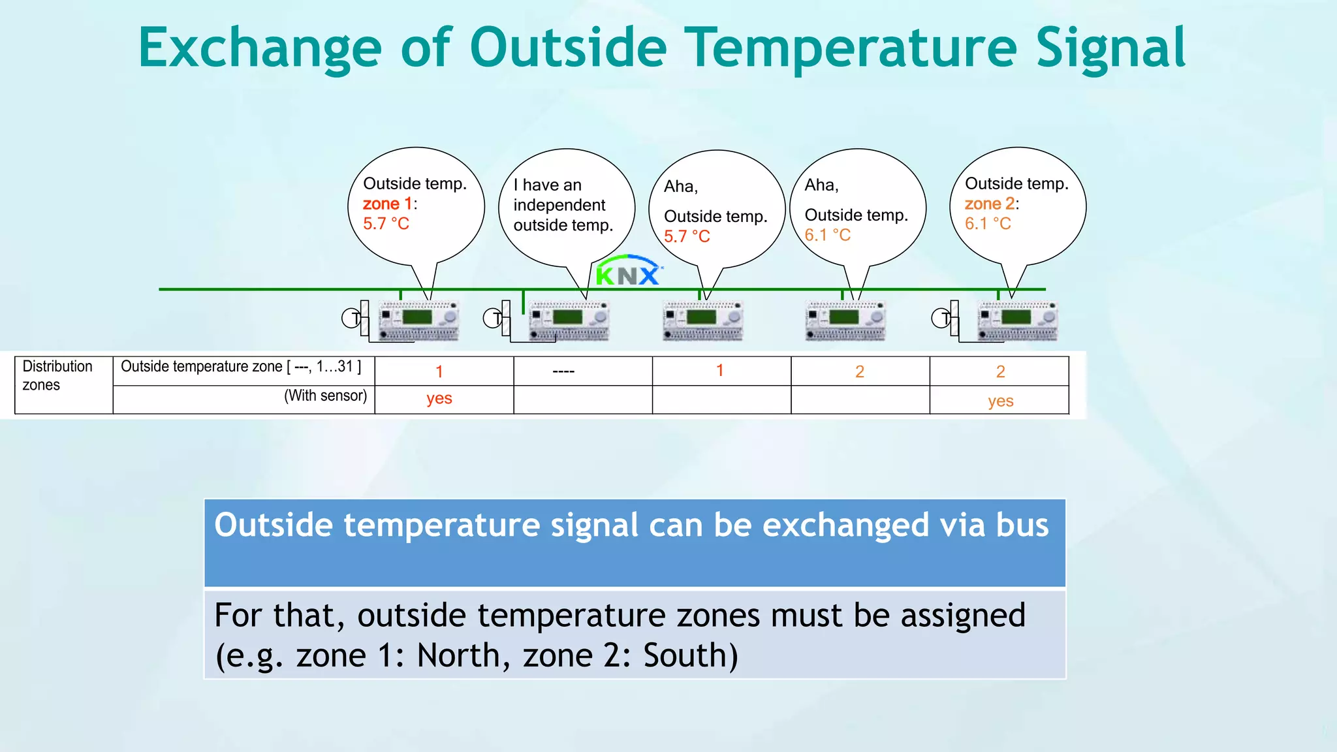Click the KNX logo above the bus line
pyautogui.click(x=629, y=270)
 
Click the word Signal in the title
pyautogui.click(x=1111, y=48)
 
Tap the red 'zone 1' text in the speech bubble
pyautogui.click(x=388, y=204)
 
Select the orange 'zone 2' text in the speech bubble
pyautogui.click(x=990, y=204)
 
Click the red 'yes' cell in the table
pyautogui.click(x=439, y=399)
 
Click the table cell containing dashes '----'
pyautogui.click(x=563, y=371)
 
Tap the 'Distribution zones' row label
pyautogui.click(x=57, y=375)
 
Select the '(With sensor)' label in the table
pyautogui.click(x=326, y=396)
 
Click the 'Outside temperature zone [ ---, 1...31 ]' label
pyautogui.click(x=241, y=366)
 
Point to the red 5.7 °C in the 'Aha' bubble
pyautogui.click(x=687, y=236)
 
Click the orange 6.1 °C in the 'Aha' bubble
pyautogui.click(x=828, y=235)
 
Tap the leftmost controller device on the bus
pyautogui.click(x=419, y=321)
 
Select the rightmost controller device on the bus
pyautogui.click(x=1017, y=321)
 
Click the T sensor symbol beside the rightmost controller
pyautogui.click(x=941, y=319)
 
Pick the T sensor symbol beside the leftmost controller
pyautogui.click(x=352, y=319)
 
